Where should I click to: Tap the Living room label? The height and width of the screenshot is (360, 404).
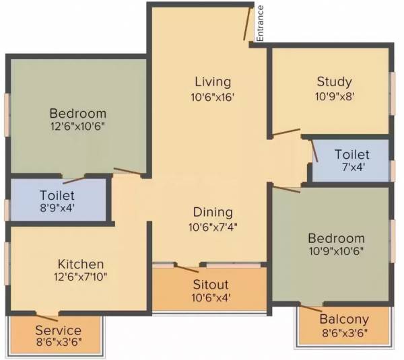point(213,82)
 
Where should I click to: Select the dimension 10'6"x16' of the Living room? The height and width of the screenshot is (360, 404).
point(213,96)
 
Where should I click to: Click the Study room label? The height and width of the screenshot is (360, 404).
point(334,82)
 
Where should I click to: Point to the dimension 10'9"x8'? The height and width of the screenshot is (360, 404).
point(334,96)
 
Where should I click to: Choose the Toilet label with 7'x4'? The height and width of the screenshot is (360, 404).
point(351,155)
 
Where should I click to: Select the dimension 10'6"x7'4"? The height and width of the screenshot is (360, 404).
point(213,227)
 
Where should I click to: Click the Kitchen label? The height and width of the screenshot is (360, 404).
point(80,264)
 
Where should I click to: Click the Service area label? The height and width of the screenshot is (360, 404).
point(59,330)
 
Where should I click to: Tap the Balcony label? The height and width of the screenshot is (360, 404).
point(343,319)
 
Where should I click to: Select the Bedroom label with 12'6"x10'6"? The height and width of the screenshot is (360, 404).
point(77,112)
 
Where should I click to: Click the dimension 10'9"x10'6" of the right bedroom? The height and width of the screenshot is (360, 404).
point(336,252)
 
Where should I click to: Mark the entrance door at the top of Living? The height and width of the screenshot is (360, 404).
point(248,24)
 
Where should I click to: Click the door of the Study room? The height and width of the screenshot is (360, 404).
point(286,132)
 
